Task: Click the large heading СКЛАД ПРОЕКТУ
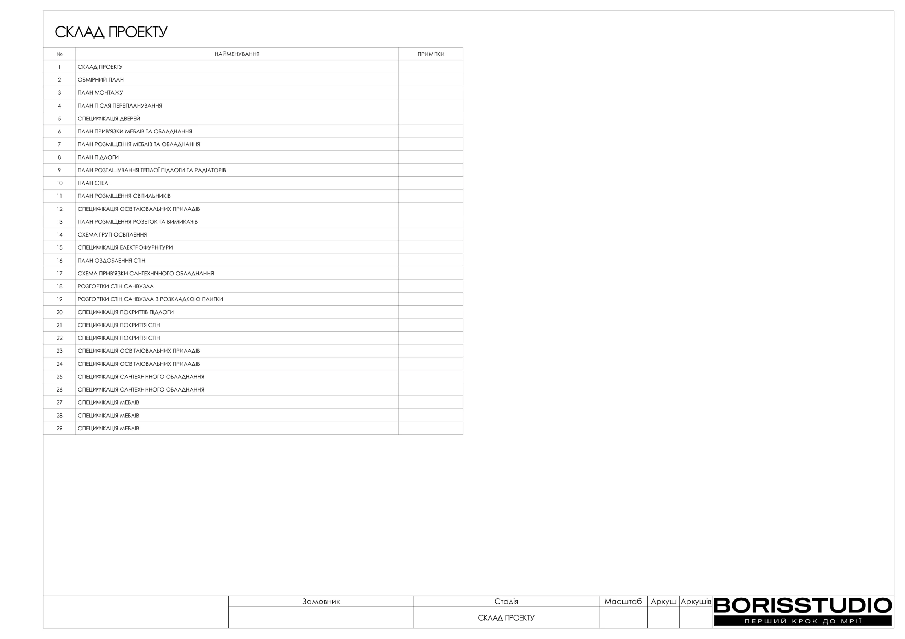tap(111, 32)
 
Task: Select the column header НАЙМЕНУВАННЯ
tap(237, 54)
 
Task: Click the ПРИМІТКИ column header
tap(431, 54)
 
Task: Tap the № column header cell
tap(59, 54)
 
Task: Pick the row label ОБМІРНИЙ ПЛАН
tap(100, 80)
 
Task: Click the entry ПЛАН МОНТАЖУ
tap(100, 93)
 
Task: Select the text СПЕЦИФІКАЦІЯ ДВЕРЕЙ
tap(109, 119)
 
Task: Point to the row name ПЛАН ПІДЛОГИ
tap(98, 157)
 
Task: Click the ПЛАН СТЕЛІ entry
tap(93, 183)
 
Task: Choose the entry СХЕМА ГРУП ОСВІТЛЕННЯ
tap(112, 235)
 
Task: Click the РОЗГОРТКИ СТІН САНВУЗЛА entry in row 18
tap(116, 286)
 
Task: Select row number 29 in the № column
tap(59, 428)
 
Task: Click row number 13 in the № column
tap(59, 222)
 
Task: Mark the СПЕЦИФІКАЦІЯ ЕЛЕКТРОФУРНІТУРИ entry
tap(125, 247)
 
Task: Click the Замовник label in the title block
tap(321, 602)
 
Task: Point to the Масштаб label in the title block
tap(623, 602)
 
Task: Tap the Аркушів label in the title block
tap(696, 602)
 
